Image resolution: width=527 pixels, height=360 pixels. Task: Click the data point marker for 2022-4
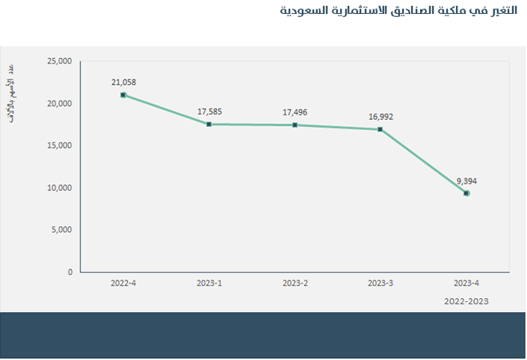(x=124, y=95)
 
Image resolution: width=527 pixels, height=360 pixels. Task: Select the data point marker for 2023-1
(x=210, y=124)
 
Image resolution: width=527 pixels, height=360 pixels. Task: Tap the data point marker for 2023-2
(x=295, y=125)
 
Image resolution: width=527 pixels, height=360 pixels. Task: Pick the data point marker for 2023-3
(x=381, y=129)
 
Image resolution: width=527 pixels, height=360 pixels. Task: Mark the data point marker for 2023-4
(x=467, y=194)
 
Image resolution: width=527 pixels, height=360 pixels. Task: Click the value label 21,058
(x=124, y=81)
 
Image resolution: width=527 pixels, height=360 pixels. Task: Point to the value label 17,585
(x=210, y=111)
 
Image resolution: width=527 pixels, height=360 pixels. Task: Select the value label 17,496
(x=295, y=112)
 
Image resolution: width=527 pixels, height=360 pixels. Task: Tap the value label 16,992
(x=381, y=117)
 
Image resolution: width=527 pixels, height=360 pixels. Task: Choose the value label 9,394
(x=467, y=181)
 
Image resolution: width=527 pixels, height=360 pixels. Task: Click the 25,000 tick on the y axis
(x=59, y=61)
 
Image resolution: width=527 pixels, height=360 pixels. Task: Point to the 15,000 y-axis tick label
(x=59, y=146)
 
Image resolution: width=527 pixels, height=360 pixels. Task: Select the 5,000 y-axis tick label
(x=61, y=230)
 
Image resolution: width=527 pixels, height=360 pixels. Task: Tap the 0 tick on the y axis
(x=70, y=273)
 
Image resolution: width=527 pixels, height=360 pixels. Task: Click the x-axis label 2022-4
(x=124, y=283)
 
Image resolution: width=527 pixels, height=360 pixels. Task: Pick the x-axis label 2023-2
(x=295, y=283)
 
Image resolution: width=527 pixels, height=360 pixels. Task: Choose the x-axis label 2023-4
(x=467, y=283)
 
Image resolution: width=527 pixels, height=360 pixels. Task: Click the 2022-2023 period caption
(x=467, y=301)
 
